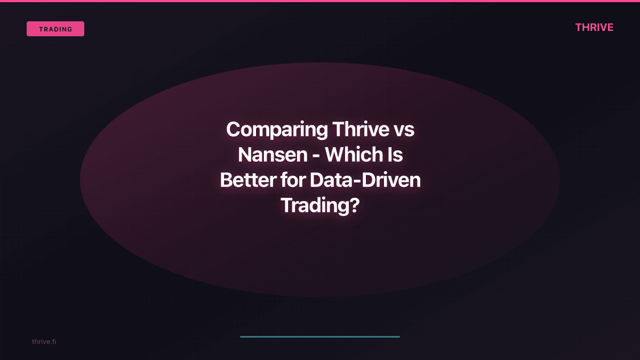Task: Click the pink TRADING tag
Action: [x=55, y=29]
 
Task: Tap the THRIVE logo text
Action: [x=594, y=27]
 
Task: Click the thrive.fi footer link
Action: [x=44, y=341]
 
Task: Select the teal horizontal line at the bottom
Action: [x=320, y=337]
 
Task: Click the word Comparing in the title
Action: [x=277, y=130]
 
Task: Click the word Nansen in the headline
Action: [x=273, y=155]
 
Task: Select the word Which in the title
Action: [x=352, y=155]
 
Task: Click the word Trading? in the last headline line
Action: [x=319, y=205]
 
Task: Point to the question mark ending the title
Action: [x=353, y=205]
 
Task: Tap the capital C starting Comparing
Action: [x=233, y=130]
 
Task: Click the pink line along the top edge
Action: [x=320, y=1]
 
